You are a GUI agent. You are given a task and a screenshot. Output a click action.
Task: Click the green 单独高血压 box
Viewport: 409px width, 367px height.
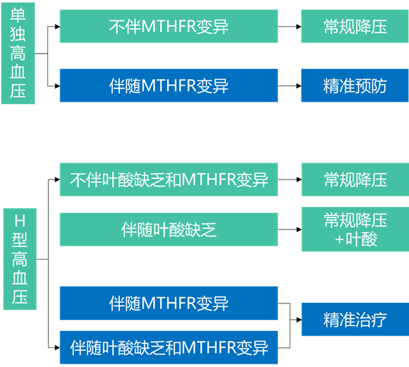[x=18, y=53]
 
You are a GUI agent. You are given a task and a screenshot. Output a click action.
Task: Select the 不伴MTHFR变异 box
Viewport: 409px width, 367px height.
[x=168, y=26]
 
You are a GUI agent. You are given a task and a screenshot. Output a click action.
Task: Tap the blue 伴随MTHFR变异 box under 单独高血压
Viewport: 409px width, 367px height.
[x=168, y=85]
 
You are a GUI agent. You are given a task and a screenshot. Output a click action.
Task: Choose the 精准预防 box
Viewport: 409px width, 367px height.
[x=355, y=85]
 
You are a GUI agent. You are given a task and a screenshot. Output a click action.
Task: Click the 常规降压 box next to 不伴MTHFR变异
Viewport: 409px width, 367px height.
[x=355, y=26]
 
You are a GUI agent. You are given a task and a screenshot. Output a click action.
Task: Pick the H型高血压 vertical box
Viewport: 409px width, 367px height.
[x=19, y=259]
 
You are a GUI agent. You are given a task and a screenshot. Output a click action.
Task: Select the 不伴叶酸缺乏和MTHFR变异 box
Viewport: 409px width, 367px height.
[x=168, y=180]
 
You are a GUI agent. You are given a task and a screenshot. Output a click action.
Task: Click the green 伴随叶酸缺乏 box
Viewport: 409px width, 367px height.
[x=168, y=229]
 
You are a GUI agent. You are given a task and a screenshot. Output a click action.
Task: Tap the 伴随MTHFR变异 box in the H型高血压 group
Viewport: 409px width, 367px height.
[x=168, y=303]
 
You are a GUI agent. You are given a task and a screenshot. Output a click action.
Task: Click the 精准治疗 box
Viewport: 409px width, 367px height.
[x=355, y=319]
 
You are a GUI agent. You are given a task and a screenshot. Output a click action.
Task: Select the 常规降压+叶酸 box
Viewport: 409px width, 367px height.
[x=355, y=229]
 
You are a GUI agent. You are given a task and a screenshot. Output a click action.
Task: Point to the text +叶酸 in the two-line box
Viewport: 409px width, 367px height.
[x=355, y=240]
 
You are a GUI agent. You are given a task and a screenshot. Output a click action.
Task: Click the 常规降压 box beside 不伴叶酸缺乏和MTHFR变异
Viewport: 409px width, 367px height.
[x=355, y=180]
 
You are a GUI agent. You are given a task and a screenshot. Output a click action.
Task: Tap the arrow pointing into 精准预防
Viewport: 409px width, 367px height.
[x=289, y=85]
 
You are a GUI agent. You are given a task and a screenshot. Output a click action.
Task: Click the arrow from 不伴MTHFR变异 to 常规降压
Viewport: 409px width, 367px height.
[x=289, y=26]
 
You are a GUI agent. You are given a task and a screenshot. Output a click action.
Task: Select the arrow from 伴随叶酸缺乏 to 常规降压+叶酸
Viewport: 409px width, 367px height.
[x=289, y=229]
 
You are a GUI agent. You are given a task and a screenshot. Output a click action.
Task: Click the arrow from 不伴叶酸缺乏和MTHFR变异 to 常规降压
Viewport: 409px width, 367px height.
[x=289, y=180]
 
